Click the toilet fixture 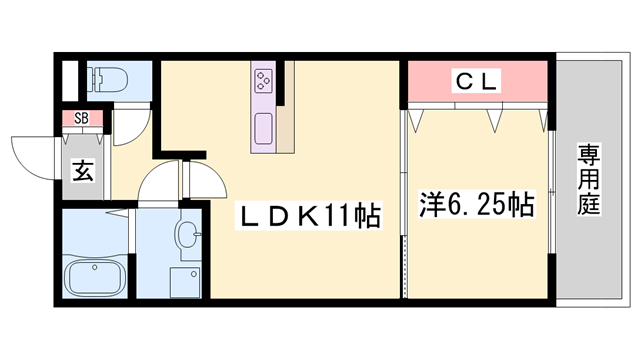point(104,79)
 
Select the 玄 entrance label point(82,171)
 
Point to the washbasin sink point(185,236)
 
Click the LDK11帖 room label point(307,216)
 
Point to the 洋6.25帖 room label point(474,206)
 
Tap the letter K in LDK point(309,216)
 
